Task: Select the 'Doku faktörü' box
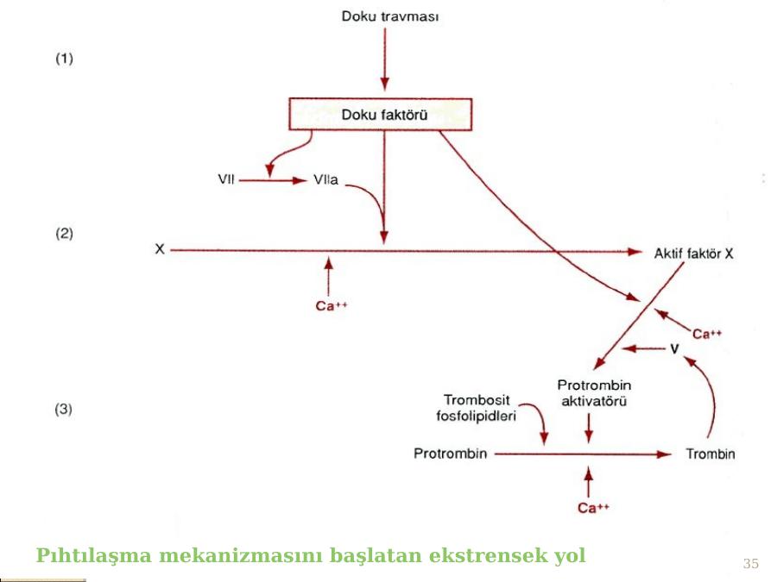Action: (380, 113)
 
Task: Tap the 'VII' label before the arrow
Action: (224, 181)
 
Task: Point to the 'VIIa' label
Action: (325, 181)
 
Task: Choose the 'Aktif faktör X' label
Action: (693, 253)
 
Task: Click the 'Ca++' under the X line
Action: (331, 304)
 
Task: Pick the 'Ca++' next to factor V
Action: (708, 333)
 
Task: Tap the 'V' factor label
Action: (674, 349)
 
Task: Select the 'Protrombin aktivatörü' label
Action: (594, 393)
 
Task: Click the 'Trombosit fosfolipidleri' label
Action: (477, 407)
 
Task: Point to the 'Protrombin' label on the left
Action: (450, 454)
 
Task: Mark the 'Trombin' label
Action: (710, 454)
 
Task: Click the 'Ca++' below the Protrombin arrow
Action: (592, 509)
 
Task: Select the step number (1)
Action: (65, 59)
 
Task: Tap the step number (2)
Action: (65, 233)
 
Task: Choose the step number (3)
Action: (65, 410)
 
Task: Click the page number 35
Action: (751, 564)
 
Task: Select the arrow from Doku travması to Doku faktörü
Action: (384, 60)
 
